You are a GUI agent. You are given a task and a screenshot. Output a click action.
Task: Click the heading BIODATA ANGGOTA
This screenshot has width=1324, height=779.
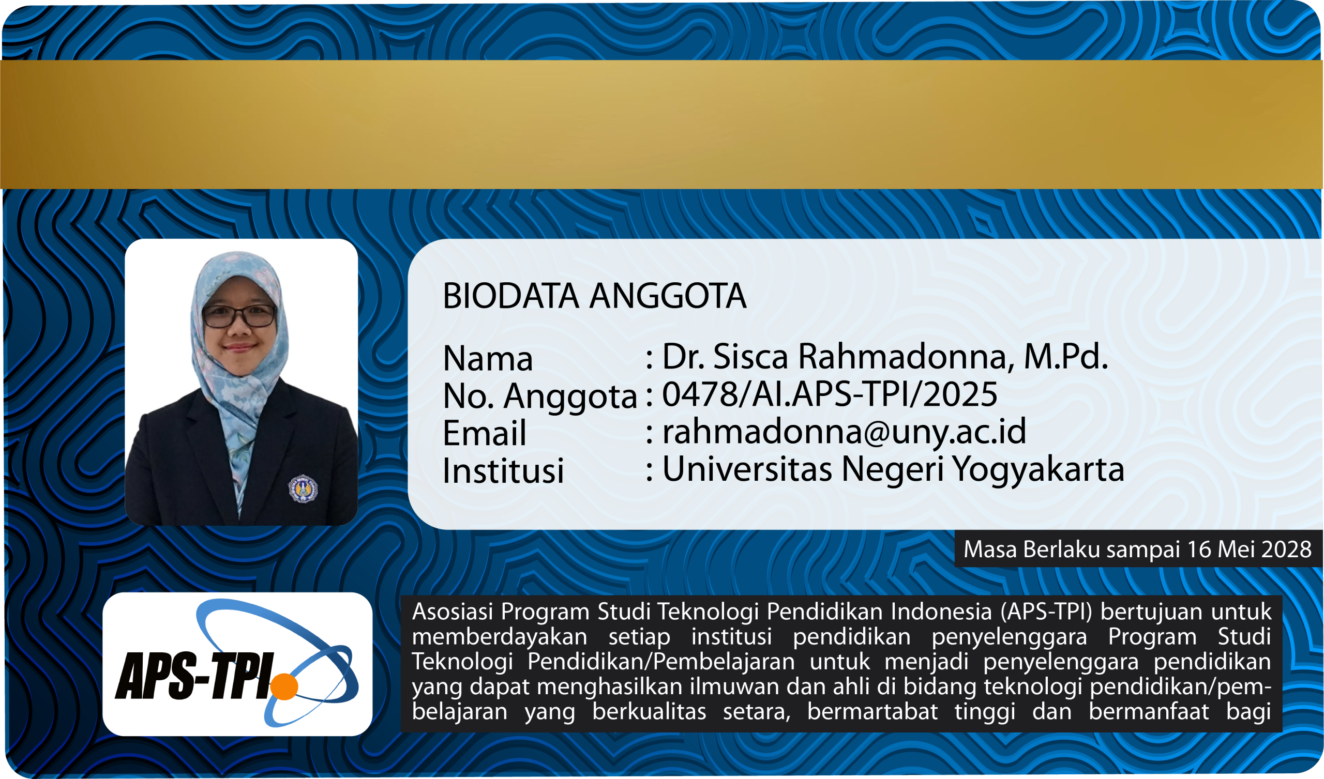coord(594,296)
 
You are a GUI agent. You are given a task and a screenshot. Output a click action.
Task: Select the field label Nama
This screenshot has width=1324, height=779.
coord(488,359)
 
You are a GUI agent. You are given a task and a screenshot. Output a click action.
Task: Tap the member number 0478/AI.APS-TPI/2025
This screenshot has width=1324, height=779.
coord(830,394)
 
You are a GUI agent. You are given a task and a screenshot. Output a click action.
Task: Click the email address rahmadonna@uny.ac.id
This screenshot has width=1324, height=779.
coord(844,431)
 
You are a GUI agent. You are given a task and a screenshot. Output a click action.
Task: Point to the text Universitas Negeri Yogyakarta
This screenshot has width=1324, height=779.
coord(893,469)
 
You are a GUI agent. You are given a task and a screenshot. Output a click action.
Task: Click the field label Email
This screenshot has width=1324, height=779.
coord(485,433)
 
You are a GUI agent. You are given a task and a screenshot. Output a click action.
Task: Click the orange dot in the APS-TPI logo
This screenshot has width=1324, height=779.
coord(284,686)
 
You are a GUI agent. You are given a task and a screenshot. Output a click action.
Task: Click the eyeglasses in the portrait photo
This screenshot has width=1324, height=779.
coord(239,316)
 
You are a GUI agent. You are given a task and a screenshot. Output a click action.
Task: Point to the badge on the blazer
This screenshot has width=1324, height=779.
coord(303,488)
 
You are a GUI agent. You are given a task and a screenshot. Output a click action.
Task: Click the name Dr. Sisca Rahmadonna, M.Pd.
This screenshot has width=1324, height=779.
coord(885,356)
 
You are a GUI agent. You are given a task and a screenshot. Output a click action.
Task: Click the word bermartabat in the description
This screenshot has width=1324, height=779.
coord(872,712)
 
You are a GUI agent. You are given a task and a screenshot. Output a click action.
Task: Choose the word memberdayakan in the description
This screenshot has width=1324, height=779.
coord(500,637)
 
